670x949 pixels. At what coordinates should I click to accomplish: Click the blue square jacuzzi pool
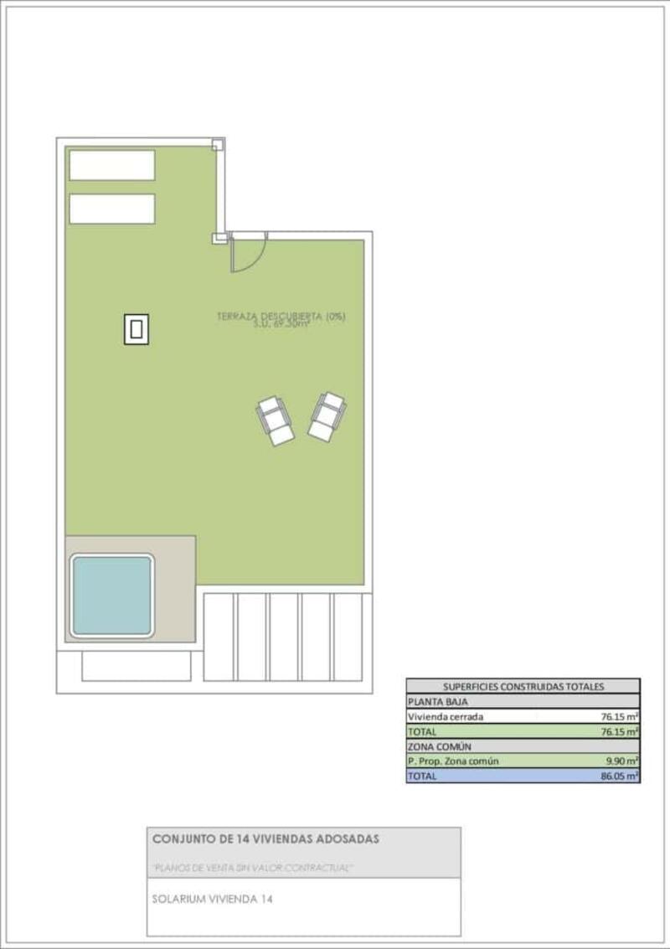tap(111, 594)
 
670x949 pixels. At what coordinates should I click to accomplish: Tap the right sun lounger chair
tap(327, 415)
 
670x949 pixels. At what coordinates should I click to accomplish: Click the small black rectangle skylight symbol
tap(137, 329)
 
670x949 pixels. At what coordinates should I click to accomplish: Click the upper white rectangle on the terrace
tap(112, 165)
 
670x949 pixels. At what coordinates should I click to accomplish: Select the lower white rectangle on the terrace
tap(112, 209)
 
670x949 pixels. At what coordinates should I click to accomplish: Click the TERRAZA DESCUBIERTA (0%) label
tap(281, 316)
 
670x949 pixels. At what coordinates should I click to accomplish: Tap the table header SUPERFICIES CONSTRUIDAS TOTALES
tap(523, 686)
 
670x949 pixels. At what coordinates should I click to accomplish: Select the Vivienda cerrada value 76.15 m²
tap(620, 716)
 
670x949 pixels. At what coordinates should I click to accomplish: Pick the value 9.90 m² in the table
tap(622, 761)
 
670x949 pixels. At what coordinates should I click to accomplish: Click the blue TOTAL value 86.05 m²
tap(620, 776)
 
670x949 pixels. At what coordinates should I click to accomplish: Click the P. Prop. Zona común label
tap(452, 761)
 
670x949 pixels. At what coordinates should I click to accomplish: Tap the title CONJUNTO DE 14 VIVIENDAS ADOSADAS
tap(265, 838)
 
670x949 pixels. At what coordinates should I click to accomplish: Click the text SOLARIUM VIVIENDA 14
tap(212, 899)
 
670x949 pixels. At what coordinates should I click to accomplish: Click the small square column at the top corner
tap(217, 145)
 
